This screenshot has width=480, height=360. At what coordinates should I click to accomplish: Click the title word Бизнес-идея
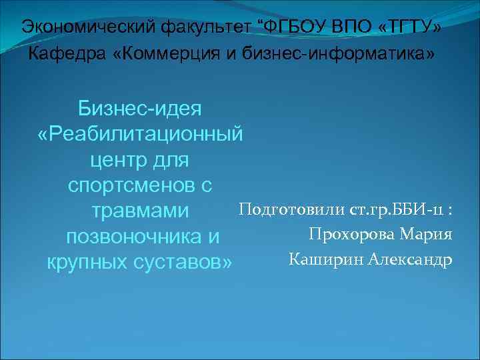pos(141,107)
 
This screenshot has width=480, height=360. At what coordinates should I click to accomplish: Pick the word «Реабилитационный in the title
pos(141,133)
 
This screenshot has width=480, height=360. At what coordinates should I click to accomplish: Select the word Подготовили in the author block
pos(291,210)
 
